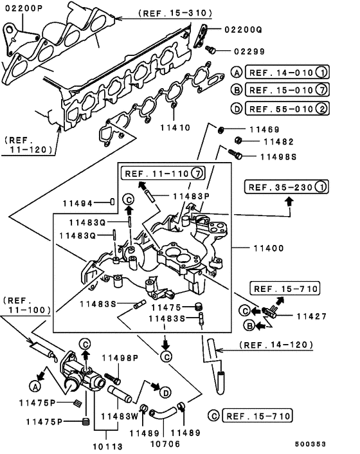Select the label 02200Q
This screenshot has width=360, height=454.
tap(243, 30)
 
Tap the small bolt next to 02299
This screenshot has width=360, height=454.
tap(211, 49)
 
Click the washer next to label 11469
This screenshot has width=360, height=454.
tap(221, 131)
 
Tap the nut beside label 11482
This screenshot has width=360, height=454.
tap(237, 141)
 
